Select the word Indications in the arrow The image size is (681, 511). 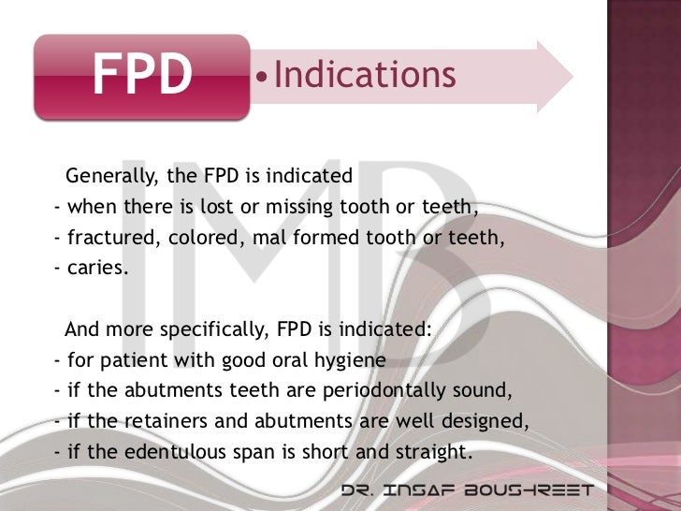click(365, 75)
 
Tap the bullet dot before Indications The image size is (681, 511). click(261, 77)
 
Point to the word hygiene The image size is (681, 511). click(352, 361)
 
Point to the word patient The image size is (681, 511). click(129, 361)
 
